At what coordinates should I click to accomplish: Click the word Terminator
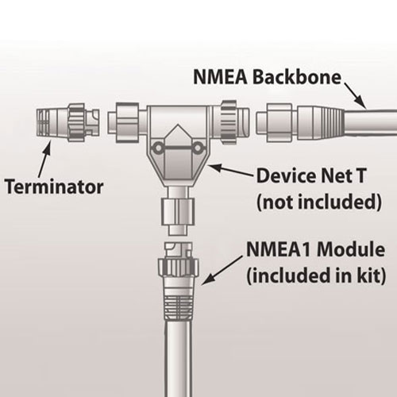pyautogui.click(x=54, y=187)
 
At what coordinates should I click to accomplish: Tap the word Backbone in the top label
pyautogui.click(x=297, y=77)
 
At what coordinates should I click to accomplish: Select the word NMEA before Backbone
pyautogui.click(x=221, y=77)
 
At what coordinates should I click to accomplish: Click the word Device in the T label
pyautogui.click(x=286, y=175)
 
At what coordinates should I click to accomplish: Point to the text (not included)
pyautogui.click(x=319, y=202)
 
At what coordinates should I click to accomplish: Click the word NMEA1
pyautogui.click(x=279, y=249)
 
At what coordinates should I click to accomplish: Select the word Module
pyautogui.click(x=351, y=249)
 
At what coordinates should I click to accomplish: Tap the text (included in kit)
pyautogui.click(x=316, y=276)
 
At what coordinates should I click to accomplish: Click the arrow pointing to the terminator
pyautogui.click(x=44, y=158)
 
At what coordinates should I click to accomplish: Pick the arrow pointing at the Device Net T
pyautogui.click(x=231, y=170)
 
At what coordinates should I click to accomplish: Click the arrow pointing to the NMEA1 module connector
pyautogui.click(x=222, y=270)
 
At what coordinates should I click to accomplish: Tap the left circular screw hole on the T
pyautogui.click(x=158, y=148)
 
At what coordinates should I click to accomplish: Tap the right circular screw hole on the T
pyautogui.click(x=198, y=148)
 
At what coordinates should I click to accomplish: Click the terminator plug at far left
pyautogui.click(x=67, y=122)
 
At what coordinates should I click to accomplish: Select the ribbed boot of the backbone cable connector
pyautogui.click(x=321, y=122)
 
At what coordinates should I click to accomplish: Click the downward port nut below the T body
pyautogui.click(x=178, y=212)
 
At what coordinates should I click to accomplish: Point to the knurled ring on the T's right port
pyautogui.click(x=228, y=122)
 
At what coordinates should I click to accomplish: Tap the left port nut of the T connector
pyautogui.click(x=127, y=122)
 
